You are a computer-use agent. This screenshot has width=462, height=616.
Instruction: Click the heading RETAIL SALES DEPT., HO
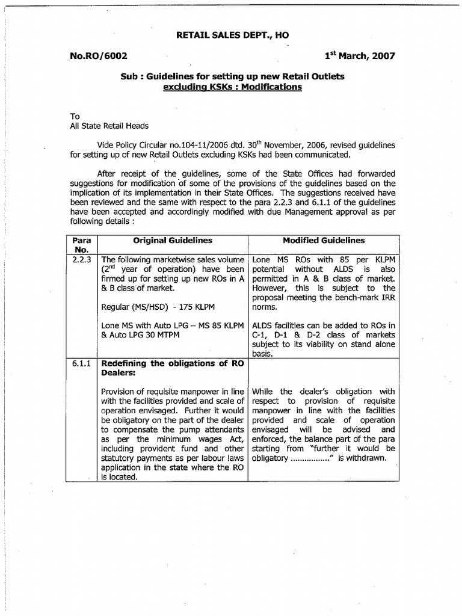(232, 36)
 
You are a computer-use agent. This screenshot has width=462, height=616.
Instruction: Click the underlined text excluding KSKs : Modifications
(232, 87)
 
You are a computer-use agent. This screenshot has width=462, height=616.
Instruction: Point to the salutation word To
(75, 115)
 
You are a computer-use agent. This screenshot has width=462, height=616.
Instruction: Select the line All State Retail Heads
(109, 126)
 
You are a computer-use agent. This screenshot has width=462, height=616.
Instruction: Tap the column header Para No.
(81, 245)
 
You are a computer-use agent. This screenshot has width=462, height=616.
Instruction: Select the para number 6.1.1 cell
(81, 363)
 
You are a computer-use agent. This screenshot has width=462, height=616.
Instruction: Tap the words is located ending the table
(120, 478)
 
